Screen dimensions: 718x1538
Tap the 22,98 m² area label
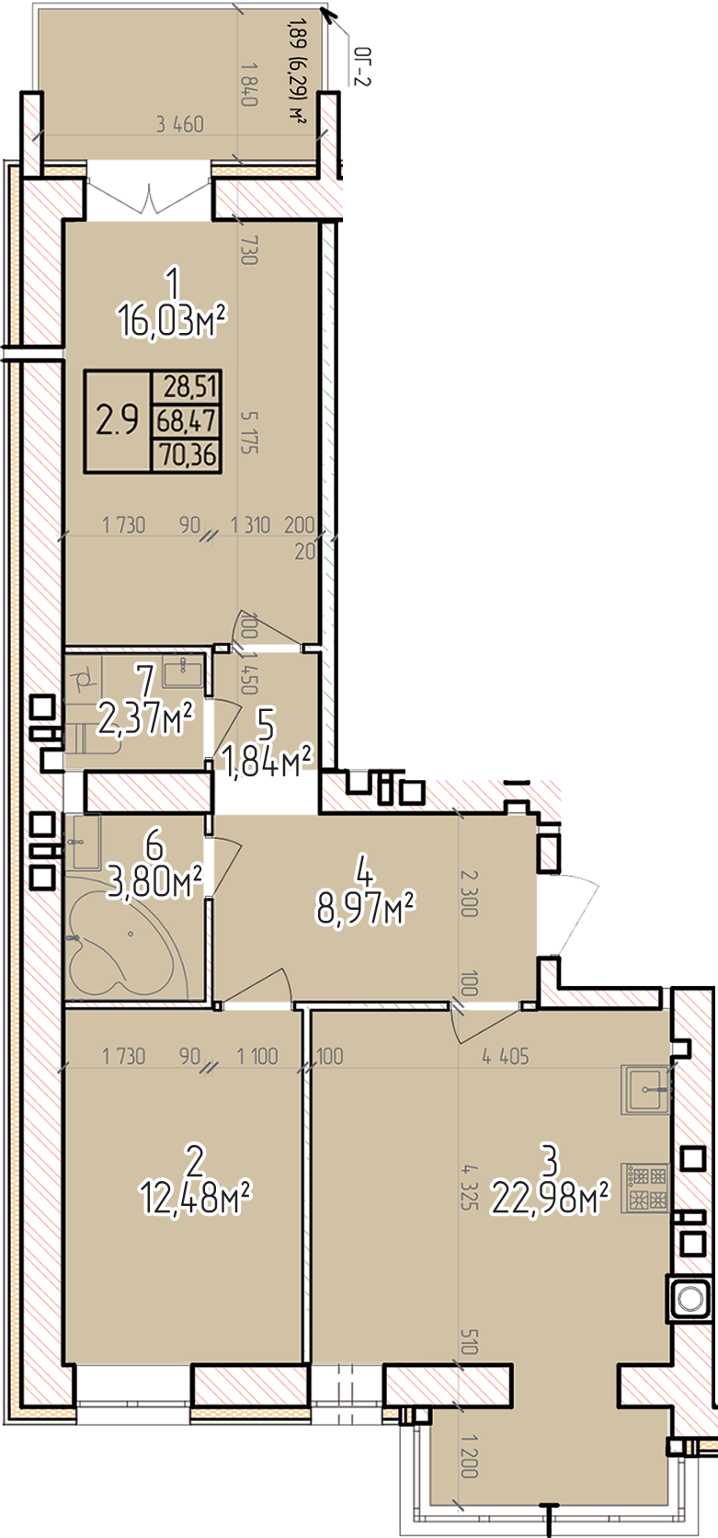point(550,1199)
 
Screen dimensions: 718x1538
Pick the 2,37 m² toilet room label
point(145,720)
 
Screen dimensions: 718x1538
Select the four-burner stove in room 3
point(645,1188)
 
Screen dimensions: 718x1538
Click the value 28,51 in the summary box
point(189,387)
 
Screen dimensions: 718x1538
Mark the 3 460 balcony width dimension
point(180,124)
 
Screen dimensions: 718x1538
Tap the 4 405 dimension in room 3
point(506,1056)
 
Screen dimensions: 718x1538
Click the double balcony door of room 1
point(150,196)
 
